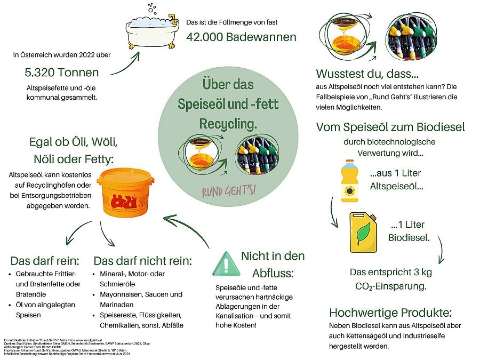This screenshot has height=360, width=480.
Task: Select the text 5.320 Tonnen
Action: point(61,73)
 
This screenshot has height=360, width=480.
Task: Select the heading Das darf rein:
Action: point(45,261)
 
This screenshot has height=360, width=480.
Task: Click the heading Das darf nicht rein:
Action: point(142,261)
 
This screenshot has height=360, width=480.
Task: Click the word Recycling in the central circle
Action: point(228,124)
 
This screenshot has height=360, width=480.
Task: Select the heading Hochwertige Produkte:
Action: point(390,313)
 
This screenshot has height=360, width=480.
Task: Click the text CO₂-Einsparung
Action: point(390,286)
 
